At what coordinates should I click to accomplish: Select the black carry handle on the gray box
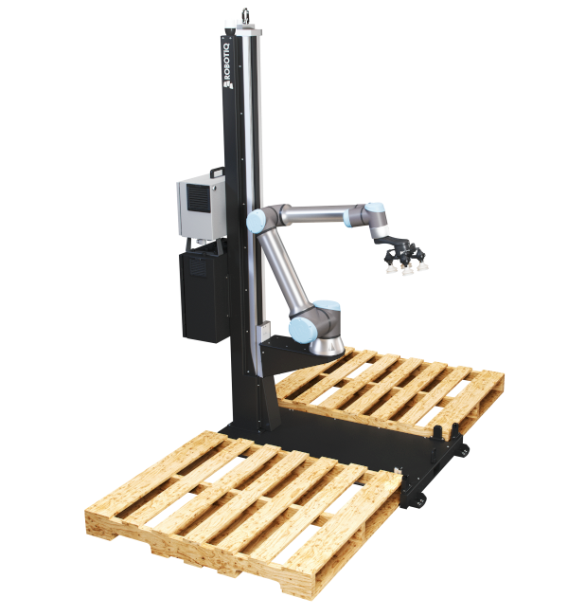tap(217, 172)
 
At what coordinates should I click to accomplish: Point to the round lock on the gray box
tap(214, 189)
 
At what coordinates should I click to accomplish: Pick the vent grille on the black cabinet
tap(197, 267)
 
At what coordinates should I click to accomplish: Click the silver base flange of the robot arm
tap(327, 347)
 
